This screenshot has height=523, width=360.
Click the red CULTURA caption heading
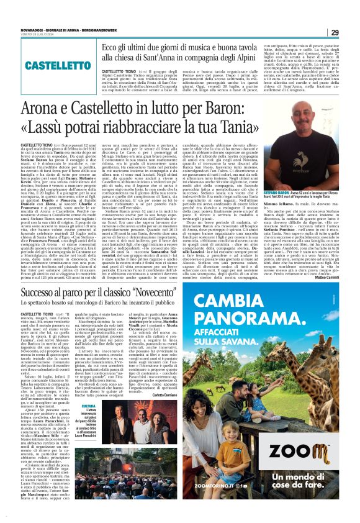coord(89,406)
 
